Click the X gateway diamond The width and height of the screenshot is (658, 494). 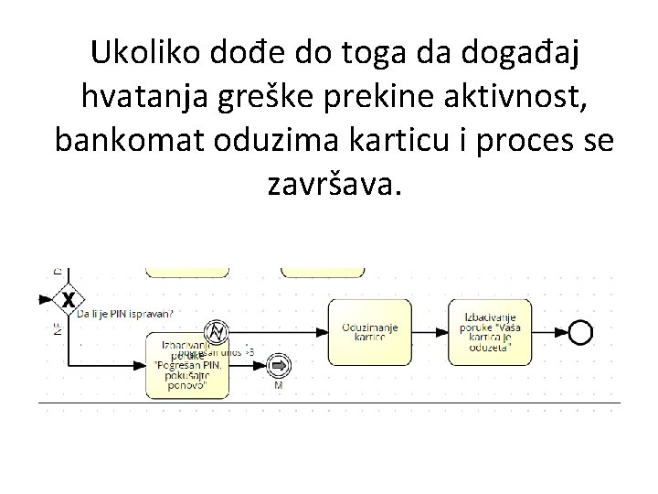coord(67,300)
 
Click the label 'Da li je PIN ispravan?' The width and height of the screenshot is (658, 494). coord(124,314)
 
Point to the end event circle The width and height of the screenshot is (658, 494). coord(579,332)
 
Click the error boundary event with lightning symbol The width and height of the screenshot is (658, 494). coord(218,331)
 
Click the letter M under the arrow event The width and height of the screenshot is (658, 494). coord(279,386)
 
